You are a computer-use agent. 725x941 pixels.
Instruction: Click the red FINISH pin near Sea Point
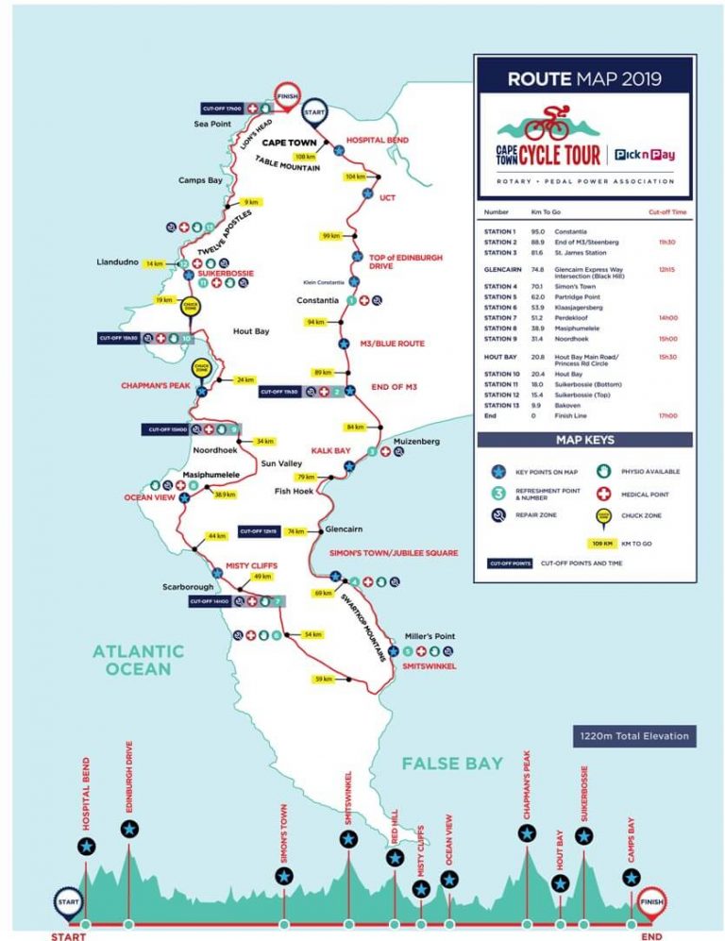287,95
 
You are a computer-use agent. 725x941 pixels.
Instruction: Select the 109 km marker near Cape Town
305,157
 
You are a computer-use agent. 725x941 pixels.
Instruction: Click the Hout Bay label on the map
251,331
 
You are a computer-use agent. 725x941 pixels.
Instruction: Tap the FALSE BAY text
452,763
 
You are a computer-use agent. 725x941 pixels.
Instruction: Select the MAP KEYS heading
585,439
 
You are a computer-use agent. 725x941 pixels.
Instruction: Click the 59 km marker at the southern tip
324,679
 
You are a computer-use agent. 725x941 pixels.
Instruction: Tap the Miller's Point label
430,636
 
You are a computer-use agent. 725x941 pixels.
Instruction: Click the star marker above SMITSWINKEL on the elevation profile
348,838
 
